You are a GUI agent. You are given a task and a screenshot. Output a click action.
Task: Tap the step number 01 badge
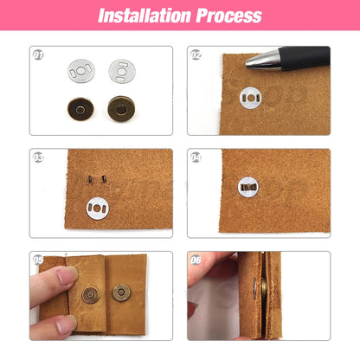pos(38,54)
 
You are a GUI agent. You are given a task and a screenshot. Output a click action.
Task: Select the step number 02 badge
pos(196,54)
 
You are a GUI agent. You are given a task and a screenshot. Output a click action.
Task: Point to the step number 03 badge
pos(38,157)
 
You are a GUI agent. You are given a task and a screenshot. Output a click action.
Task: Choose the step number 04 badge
pos(196,157)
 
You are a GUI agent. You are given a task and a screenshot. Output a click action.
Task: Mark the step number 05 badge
pos(38,259)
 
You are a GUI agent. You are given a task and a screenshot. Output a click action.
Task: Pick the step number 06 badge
pos(196,259)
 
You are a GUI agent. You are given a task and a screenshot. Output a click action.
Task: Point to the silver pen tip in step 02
pos(258,61)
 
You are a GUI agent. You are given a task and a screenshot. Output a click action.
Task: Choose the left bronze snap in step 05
pos(90,295)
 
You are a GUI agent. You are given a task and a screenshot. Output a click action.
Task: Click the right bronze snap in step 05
pos(121,292)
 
